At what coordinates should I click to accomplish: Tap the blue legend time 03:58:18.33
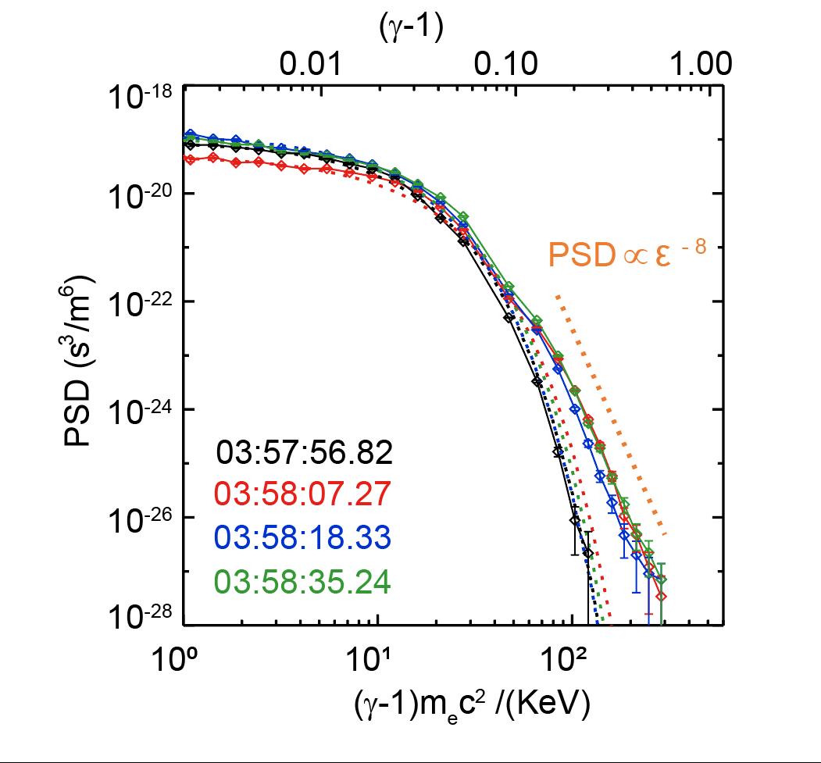click(304, 539)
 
